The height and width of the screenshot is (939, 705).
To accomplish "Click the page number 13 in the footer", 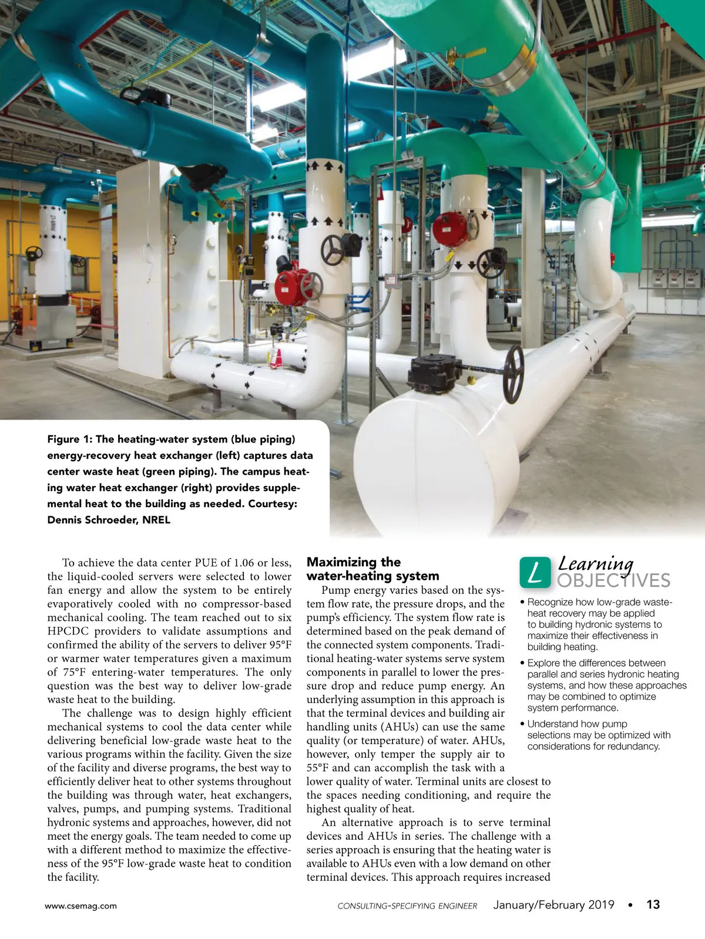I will pyautogui.click(x=653, y=904).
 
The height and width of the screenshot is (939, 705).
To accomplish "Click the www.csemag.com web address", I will pyautogui.click(x=80, y=906).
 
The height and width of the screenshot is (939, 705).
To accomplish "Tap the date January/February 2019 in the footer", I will pyautogui.click(x=553, y=904).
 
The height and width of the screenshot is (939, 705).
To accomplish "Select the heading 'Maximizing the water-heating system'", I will pyautogui.click(x=372, y=569).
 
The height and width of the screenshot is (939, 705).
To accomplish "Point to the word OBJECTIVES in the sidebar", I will pyautogui.click(x=613, y=581).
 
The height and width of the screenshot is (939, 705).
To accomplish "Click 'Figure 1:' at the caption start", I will pyautogui.click(x=69, y=439).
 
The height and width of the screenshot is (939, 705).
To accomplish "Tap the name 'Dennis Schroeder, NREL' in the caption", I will pyautogui.click(x=109, y=519).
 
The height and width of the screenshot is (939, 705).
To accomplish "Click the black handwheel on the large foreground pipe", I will pyautogui.click(x=513, y=373).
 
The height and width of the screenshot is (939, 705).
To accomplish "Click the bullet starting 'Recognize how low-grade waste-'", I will pyautogui.click(x=599, y=624).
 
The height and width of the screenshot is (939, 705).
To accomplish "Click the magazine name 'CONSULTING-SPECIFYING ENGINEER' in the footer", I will pyautogui.click(x=407, y=906).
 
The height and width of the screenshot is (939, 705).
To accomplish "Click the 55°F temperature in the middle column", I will pyautogui.click(x=320, y=768).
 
